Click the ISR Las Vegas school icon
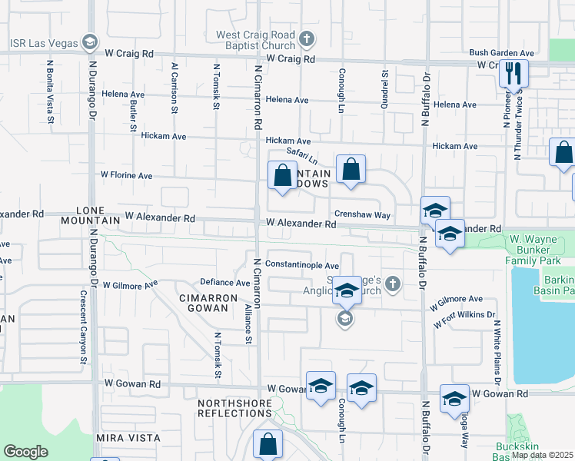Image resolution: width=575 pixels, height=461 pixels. coord(90,41)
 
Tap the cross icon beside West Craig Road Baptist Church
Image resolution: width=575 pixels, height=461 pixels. coord(306,39)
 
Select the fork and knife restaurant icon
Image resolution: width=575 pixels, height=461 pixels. coord(513,74)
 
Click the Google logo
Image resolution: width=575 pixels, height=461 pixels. coord(25,452)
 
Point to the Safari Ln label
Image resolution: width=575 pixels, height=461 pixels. coord(301,154)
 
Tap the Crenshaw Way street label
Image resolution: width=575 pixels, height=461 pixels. coord(362,215)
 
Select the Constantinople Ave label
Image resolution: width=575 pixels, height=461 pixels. coord(302,264)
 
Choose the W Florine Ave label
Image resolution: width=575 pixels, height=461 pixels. coord(127,175)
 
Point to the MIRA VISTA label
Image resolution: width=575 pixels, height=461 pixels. coord(128,438)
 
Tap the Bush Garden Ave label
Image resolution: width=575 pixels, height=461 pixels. coord(502,53)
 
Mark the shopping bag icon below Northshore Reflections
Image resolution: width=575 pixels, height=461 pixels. coord(268,445)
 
